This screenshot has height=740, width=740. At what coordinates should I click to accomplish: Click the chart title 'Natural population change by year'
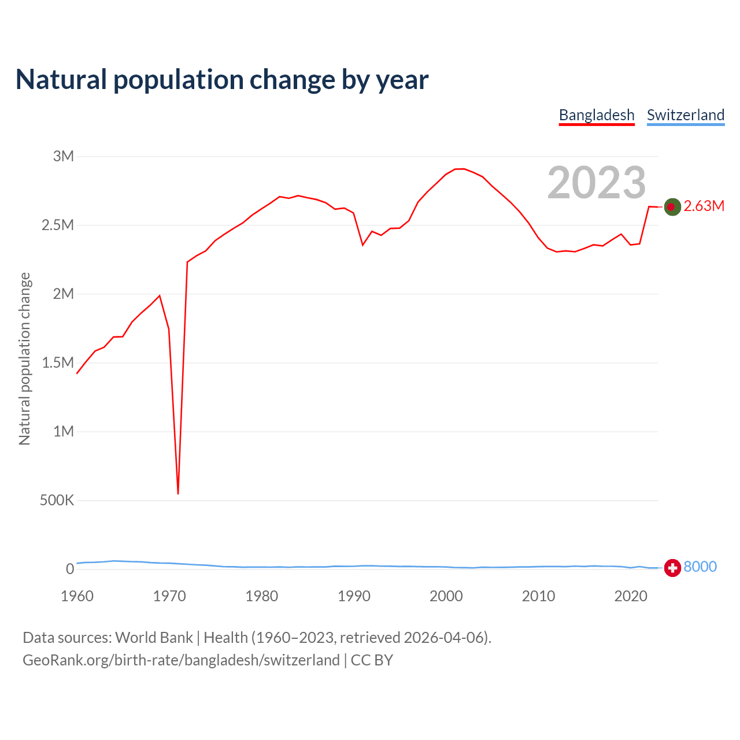point(222,80)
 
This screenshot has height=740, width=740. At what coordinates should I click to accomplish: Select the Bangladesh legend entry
point(597,115)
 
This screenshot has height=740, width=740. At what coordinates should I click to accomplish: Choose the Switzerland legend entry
point(686,115)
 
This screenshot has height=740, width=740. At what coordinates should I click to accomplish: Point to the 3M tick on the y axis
point(64,156)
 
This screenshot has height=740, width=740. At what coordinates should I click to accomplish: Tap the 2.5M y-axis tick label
point(58,225)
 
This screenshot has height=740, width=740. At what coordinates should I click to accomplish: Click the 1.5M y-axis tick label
point(58,362)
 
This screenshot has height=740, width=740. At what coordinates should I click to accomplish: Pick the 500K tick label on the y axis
point(57,500)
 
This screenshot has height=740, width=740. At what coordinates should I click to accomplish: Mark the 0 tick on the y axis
point(70,569)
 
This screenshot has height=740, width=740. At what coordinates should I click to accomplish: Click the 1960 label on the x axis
point(77,596)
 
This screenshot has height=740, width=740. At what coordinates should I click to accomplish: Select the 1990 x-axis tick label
point(354,596)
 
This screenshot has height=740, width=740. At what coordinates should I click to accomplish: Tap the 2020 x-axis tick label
point(631,596)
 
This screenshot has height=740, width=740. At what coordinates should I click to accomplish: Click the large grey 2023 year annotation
point(597,183)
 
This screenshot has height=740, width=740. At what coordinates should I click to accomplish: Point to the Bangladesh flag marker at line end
point(672,206)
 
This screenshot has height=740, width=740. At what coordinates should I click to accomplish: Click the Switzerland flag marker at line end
point(672,568)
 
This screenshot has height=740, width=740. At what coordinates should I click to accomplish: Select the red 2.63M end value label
point(704,206)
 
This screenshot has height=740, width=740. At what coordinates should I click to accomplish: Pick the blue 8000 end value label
point(700,567)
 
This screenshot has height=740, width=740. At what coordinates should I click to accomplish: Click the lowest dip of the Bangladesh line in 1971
point(178,493)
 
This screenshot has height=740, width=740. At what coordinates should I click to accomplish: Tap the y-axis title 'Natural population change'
point(25,358)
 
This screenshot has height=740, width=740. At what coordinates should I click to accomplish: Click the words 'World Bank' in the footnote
point(154,638)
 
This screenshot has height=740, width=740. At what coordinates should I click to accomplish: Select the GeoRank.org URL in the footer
point(181,660)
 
